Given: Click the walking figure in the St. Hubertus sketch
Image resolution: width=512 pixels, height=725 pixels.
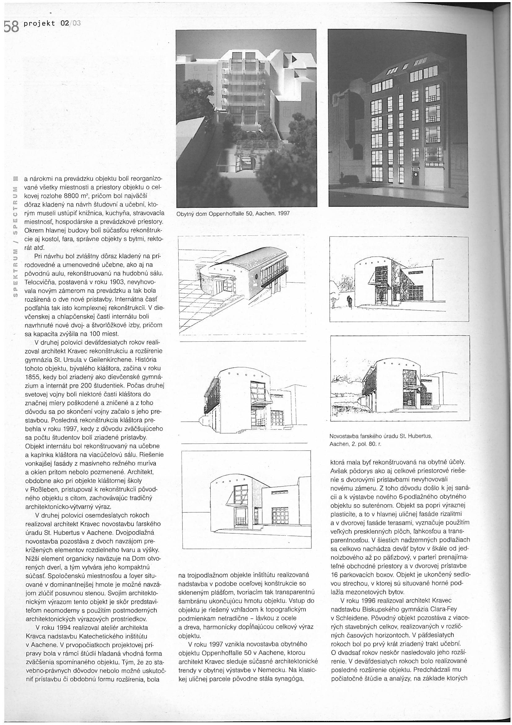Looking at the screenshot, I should (x=349, y=300).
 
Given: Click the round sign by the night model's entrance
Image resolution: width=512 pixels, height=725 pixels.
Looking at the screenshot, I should (x=415, y=174).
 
